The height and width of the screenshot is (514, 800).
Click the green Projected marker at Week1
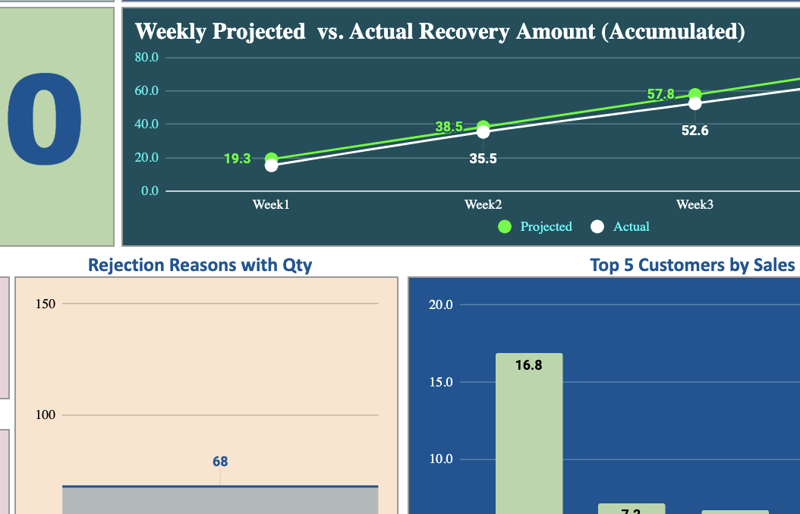coord(271,159)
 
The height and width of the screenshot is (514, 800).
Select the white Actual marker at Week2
coord(483,132)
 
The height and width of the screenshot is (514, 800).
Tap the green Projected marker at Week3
coord(694,95)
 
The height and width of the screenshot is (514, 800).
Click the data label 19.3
coord(237,159)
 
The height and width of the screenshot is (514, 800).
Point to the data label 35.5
coord(483,159)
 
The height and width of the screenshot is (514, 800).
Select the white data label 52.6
coord(694,131)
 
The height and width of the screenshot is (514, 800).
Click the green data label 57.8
coord(660,94)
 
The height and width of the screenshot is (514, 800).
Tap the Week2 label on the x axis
coord(483,204)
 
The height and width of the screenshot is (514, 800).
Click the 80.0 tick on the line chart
coord(146,58)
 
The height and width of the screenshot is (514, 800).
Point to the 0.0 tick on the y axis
coord(150,191)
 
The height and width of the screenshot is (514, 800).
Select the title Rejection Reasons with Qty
coord(200,265)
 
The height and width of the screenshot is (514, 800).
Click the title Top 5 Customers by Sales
coord(692,265)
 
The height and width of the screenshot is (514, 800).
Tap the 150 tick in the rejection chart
coord(46,304)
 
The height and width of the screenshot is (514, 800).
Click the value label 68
coord(220,462)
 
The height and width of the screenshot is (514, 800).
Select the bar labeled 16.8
coord(529,433)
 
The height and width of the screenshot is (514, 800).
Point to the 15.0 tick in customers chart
coord(440,382)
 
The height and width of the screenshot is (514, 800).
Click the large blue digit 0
coord(44,121)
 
